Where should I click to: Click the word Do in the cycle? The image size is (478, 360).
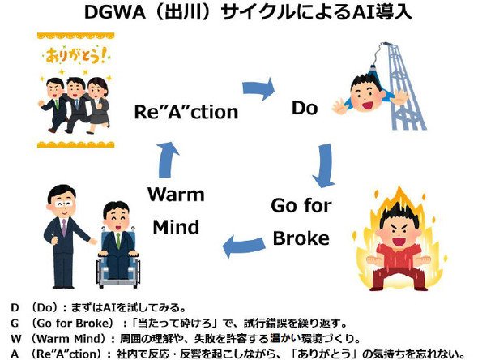[305, 108]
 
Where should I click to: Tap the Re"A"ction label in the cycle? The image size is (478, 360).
[186, 112]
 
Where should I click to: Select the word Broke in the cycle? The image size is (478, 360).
[301, 238]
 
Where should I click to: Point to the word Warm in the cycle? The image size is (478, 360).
[176, 195]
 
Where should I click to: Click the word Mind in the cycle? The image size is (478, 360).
[176, 227]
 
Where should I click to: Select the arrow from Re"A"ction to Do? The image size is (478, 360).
[258, 88]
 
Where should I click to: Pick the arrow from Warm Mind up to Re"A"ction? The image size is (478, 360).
[169, 161]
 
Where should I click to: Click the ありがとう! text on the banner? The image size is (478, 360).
[76, 56]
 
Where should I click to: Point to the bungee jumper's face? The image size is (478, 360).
[365, 96]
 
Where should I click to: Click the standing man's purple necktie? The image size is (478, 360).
[64, 227]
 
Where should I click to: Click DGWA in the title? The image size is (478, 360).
[114, 13]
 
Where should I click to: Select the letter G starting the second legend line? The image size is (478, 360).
[15, 323]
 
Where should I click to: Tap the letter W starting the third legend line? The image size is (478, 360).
[16, 339]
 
